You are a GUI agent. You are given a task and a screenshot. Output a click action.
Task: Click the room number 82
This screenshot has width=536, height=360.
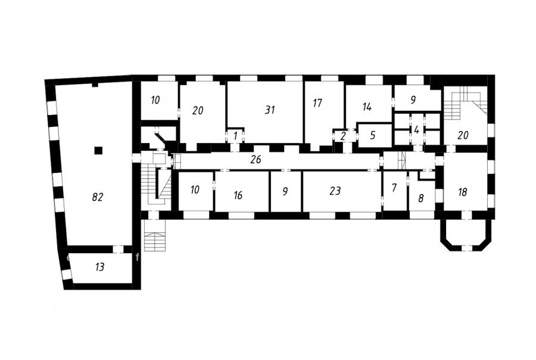point(98,197)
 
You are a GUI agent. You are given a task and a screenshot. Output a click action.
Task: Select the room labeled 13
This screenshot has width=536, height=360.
point(99,266)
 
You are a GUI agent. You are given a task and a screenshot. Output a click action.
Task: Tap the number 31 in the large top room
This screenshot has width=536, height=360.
point(270,110)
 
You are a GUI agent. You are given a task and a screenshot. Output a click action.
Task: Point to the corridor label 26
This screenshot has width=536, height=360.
point(255,159)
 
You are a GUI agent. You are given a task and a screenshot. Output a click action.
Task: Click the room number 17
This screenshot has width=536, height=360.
point(317,103)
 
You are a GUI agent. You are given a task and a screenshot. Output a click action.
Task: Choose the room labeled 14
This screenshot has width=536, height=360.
point(367,107)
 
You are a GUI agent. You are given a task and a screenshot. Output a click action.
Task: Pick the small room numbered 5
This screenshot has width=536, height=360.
point(373,135)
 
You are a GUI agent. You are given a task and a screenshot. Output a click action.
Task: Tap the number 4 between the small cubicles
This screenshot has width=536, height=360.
point(416,130)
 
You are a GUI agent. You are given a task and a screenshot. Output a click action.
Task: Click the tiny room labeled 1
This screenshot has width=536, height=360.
point(235,136)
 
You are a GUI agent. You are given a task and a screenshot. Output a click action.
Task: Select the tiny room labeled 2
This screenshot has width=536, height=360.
point(343,136)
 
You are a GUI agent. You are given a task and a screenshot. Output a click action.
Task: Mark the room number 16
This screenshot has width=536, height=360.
point(238,195)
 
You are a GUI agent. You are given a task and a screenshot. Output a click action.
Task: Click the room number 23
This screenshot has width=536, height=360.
point(335,191)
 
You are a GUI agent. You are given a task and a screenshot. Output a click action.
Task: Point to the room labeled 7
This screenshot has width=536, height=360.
point(394,188)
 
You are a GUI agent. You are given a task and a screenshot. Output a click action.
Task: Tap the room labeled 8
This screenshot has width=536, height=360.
point(421,198)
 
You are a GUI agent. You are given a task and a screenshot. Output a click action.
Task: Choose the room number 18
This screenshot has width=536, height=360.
point(462,192)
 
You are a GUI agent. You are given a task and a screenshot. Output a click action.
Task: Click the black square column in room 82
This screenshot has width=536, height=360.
point(98,150)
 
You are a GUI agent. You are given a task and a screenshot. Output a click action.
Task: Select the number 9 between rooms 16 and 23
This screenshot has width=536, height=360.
point(285,191)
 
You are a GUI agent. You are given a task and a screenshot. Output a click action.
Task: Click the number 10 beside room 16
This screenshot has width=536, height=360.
point(195,190)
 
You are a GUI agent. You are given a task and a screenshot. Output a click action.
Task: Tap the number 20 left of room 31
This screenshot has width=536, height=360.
point(198,110)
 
